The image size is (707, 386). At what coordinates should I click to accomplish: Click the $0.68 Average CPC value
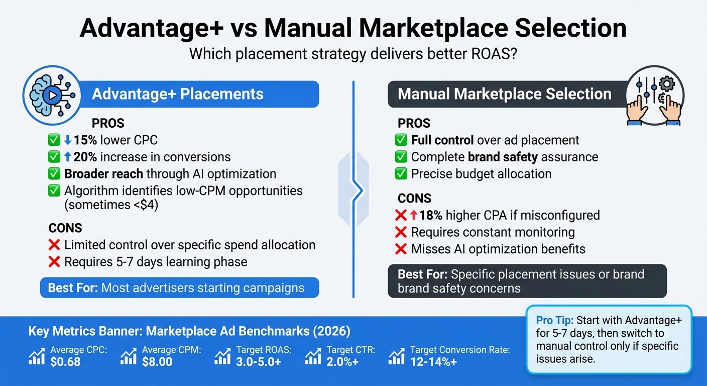coord(65,361)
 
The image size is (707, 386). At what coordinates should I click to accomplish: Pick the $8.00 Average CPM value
coord(157,361)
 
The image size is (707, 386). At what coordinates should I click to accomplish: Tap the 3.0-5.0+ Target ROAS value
coord(258,361)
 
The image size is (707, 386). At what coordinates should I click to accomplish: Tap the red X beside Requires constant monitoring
coord(401,232)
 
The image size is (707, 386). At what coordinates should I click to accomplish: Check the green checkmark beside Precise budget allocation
coord(401,174)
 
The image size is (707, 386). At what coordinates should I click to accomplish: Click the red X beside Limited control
coord(54,245)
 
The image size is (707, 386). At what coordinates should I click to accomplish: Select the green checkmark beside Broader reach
coord(54,174)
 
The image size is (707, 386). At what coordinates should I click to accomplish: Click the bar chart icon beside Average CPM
coord(129,357)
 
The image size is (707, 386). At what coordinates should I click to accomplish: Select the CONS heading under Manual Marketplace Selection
coord(414,198)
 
